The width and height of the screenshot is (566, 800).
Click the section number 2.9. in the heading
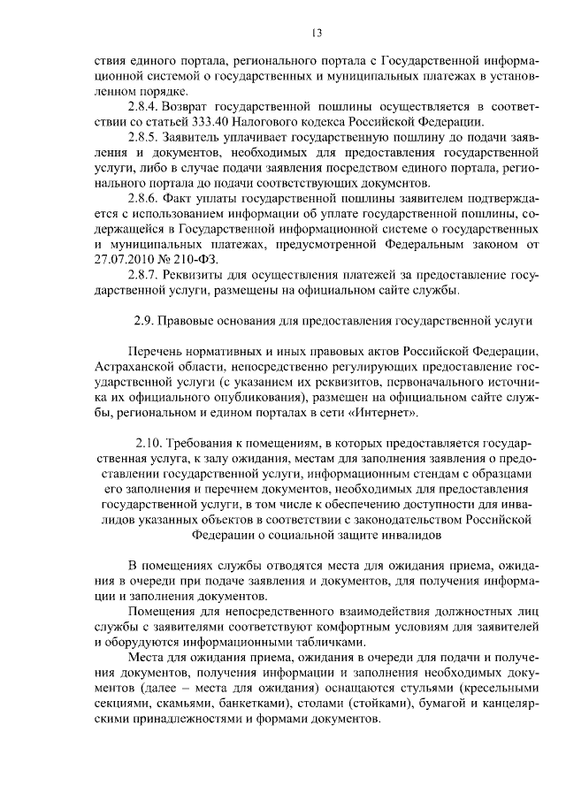pos(146,320)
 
